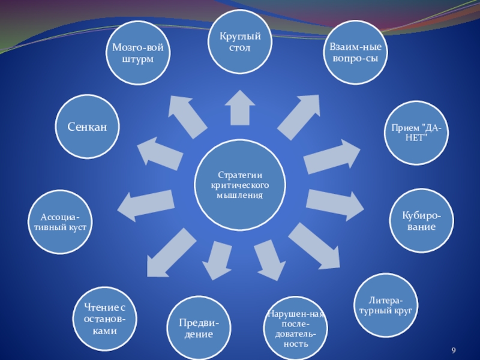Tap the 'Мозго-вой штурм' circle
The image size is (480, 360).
[137, 52]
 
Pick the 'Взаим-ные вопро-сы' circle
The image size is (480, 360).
[355, 52]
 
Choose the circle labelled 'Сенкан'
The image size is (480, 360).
[88, 127]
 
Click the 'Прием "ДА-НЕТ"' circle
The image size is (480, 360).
[413, 133]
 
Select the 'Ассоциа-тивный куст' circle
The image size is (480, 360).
[59, 222]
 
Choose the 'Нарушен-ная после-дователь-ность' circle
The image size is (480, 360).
[295, 328]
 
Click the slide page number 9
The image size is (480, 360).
[454, 350]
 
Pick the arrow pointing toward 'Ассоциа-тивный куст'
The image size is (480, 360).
[144, 204]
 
